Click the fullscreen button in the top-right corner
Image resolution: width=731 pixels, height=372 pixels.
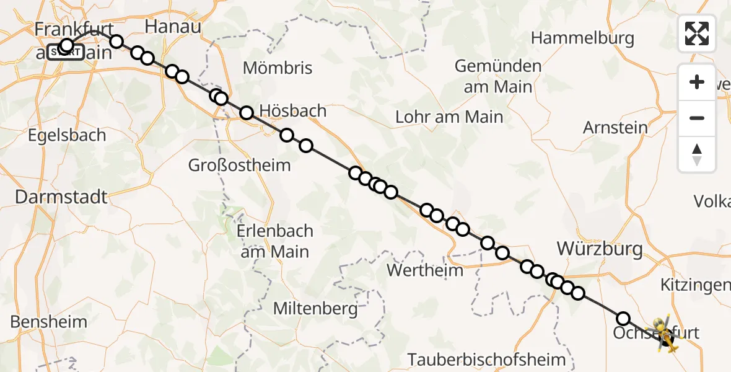point(697,33)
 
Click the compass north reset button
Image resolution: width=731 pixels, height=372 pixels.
point(697,154)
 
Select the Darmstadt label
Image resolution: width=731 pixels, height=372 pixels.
point(61,197)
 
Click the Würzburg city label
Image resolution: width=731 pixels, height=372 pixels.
point(600,249)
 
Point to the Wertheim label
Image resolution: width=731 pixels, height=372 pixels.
point(424,270)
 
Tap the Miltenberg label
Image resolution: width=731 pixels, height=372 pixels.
point(315,308)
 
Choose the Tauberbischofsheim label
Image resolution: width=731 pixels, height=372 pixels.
point(486,359)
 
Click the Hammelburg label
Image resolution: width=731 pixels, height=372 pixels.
point(582,38)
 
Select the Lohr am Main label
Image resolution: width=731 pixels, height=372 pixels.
point(449,116)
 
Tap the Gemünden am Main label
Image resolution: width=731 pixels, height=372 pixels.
point(498,76)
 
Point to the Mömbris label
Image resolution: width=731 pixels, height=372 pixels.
point(278,68)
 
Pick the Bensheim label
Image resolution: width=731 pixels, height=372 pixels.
point(49,322)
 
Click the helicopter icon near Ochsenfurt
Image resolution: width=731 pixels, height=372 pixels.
point(662,334)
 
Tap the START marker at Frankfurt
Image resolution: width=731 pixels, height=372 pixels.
point(65,53)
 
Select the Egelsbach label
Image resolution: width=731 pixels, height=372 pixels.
point(66,135)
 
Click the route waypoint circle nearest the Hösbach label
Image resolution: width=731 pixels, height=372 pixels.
point(247,113)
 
